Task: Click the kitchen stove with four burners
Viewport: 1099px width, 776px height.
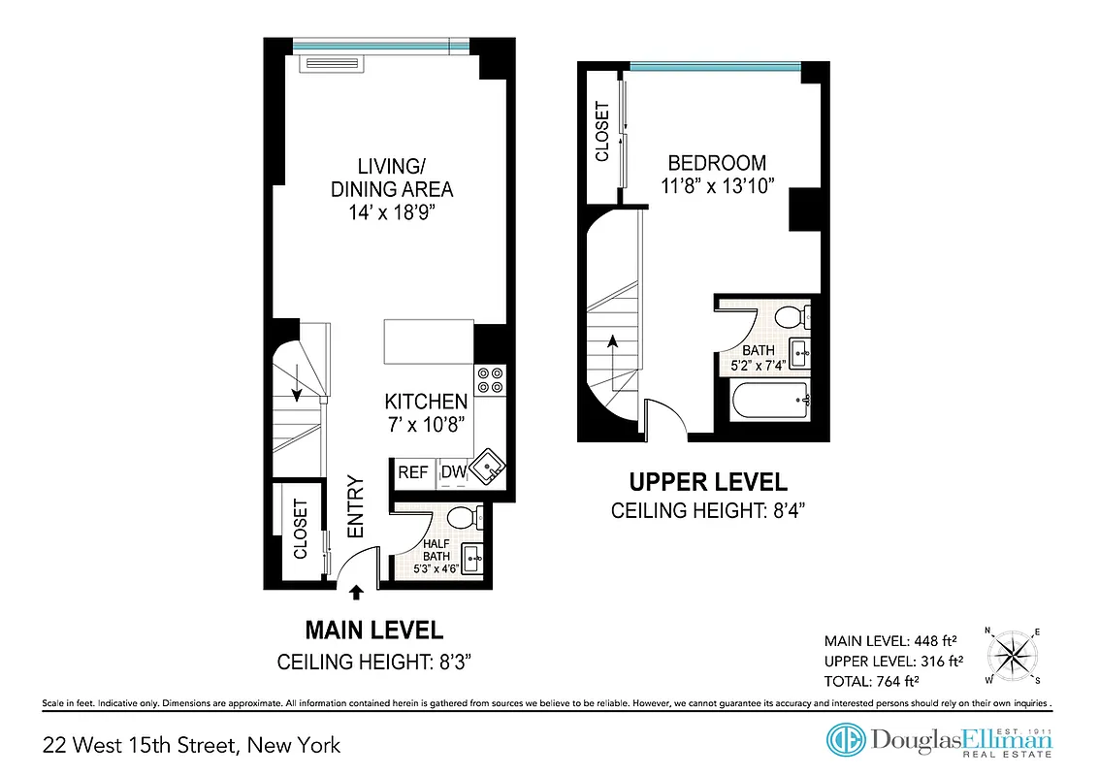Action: [x=490, y=378]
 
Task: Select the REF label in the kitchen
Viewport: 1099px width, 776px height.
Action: [x=413, y=472]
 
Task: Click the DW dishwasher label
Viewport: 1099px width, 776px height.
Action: [x=453, y=472]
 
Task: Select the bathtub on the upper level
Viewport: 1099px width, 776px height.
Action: [x=771, y=399]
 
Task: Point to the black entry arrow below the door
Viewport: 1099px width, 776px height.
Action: [x=356, y=590]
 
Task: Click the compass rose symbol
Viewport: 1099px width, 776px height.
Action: [x=1013, y=655]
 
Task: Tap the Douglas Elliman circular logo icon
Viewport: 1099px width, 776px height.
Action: [x=846, y=739]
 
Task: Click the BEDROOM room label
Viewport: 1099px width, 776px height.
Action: [x=717, y=163]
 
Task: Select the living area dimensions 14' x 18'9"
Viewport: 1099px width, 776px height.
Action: [x=391, y=212]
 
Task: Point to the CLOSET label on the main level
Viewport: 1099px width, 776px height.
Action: [x=301, y=529]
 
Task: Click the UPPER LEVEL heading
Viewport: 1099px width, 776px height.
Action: [x=708, y=482]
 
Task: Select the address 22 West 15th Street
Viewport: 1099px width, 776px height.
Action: [x=192, y=745]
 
